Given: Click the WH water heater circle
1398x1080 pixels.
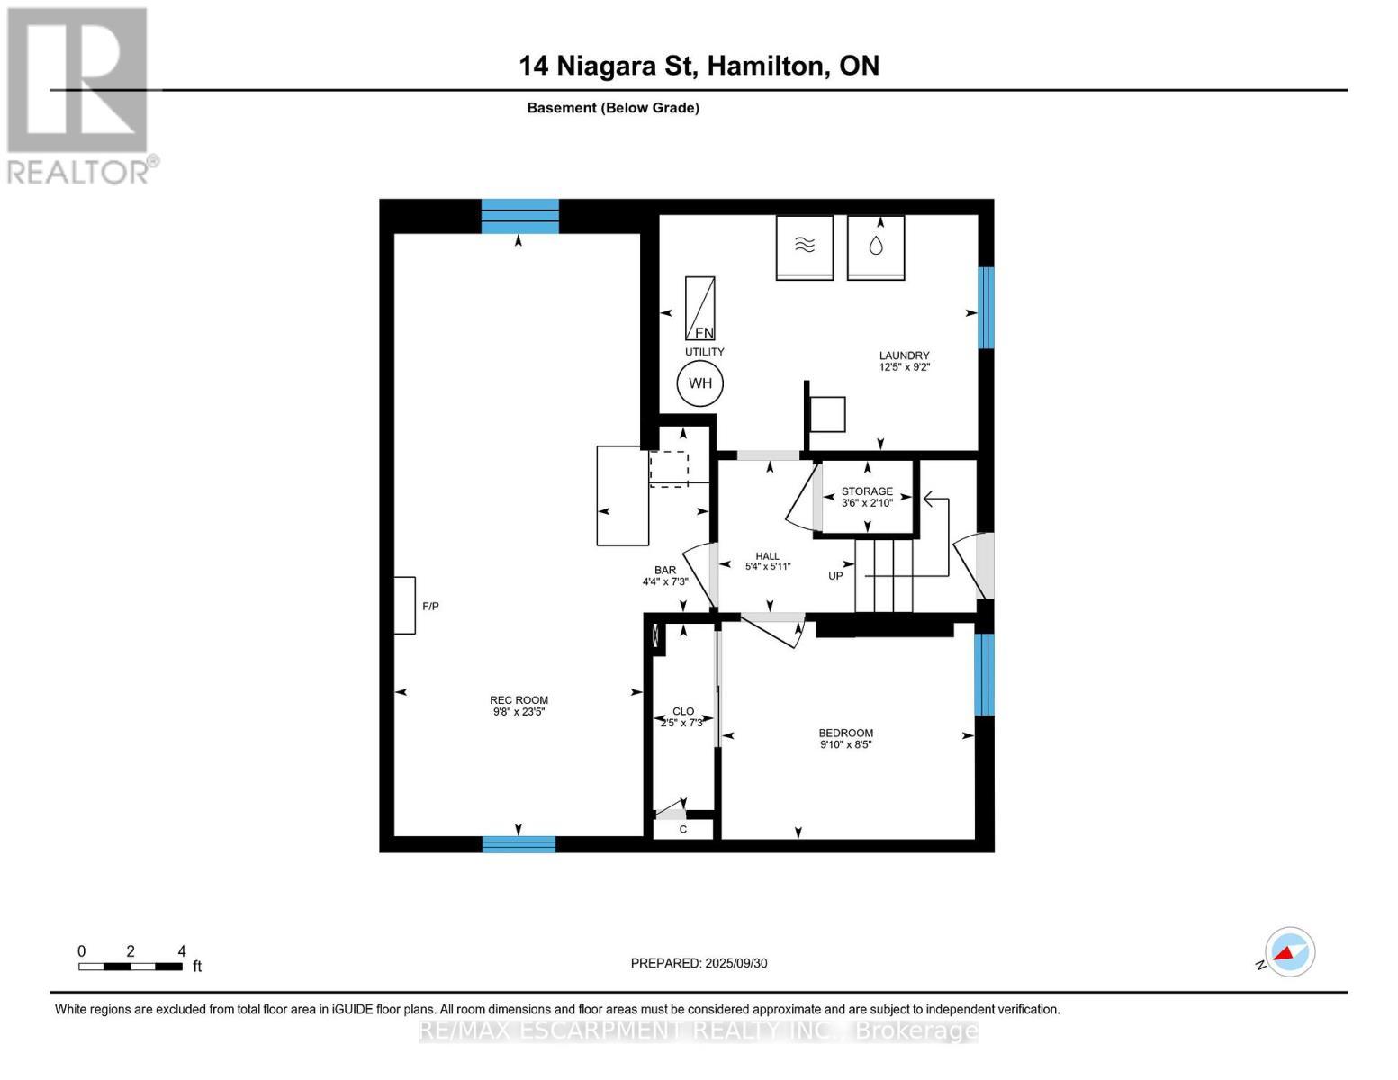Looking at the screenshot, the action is (700, 383).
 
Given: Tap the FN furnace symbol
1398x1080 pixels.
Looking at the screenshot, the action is (700, 308).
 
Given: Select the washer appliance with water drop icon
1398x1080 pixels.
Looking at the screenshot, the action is (876, 247).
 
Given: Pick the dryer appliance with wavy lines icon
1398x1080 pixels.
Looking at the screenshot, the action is (805, 247).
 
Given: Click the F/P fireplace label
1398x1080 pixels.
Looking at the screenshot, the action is (430, 606).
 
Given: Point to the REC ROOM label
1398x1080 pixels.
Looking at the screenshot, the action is (519, 700).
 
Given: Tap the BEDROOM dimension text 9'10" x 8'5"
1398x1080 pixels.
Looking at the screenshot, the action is (845, 745).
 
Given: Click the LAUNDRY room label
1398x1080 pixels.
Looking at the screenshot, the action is (905, 355).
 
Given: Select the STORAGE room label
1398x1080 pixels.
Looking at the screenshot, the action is (867, 490).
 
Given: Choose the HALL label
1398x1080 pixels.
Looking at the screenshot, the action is (768, 556).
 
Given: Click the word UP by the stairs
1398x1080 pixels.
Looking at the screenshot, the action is (835, 576).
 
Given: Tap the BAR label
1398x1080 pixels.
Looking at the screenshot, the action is (665, 570).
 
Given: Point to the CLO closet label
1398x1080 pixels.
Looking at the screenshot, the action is (683, 711).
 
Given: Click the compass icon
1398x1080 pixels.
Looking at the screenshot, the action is (1289, 952).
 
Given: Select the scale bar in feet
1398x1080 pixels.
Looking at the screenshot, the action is (131, 966).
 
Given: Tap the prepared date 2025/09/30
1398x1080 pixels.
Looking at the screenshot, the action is (736, 963).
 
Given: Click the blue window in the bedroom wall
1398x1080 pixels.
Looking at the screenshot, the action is (984, 674).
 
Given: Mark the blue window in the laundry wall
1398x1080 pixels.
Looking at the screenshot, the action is (986, 308).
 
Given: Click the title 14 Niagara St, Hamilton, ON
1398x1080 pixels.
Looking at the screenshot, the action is (699, 66).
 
